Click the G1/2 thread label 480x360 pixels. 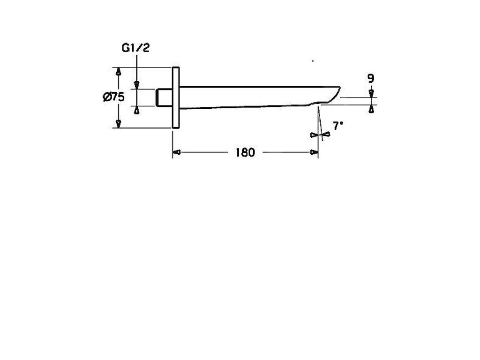135,48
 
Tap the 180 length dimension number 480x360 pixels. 245,152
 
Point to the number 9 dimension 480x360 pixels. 371,79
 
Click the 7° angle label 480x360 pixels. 337,126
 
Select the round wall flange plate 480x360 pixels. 176,97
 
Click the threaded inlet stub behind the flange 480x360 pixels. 164,97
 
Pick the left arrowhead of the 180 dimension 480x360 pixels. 177,152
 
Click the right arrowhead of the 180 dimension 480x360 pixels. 314,152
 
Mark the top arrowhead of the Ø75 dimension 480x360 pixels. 119,72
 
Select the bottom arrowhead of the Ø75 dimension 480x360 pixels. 119,123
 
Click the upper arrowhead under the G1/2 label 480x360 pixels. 136,84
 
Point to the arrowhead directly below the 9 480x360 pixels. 371,93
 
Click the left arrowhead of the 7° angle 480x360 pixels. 313,135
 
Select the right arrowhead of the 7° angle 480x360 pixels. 326,134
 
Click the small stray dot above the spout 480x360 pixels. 313,61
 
